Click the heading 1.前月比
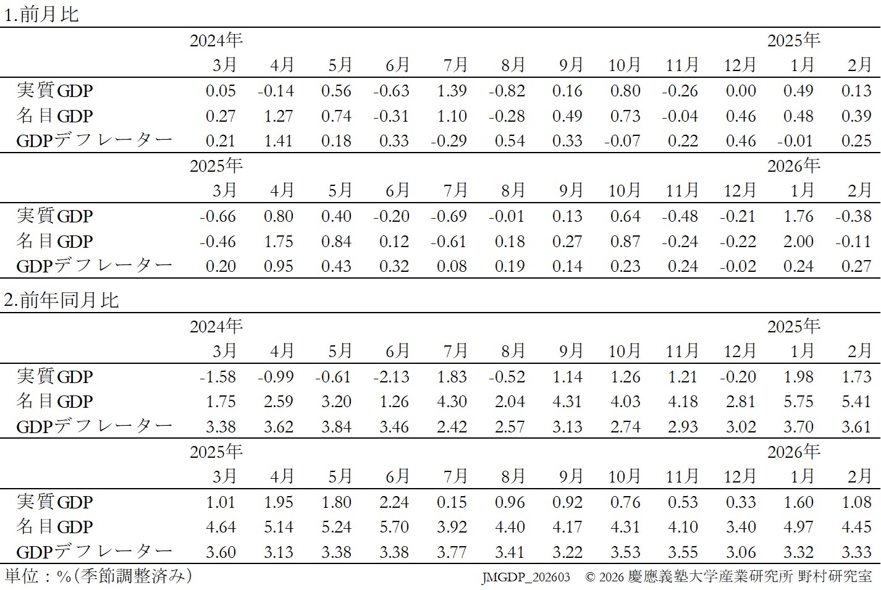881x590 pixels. tap(41, 14)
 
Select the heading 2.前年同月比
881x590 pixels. tap(61, 300)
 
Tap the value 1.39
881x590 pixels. tap(452, 91)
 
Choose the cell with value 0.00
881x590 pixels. tap(741, 91)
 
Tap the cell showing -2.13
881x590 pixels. tap(391, 377)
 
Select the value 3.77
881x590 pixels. tap(452, 552)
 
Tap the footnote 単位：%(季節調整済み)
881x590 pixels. tap(98, 576)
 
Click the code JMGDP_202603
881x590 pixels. tap(526, 578)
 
